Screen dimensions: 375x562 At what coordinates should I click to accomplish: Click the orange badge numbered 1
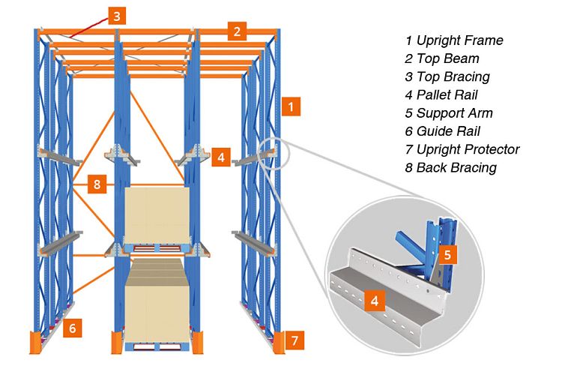291,106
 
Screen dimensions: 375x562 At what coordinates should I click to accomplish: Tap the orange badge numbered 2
238,31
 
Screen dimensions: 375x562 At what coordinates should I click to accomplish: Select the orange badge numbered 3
117,15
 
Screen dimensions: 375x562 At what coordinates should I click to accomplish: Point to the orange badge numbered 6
72,327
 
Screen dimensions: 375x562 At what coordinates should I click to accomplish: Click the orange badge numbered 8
97,184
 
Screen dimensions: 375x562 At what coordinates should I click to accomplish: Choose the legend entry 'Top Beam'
447,58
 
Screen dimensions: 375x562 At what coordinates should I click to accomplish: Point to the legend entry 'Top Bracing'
453,76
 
